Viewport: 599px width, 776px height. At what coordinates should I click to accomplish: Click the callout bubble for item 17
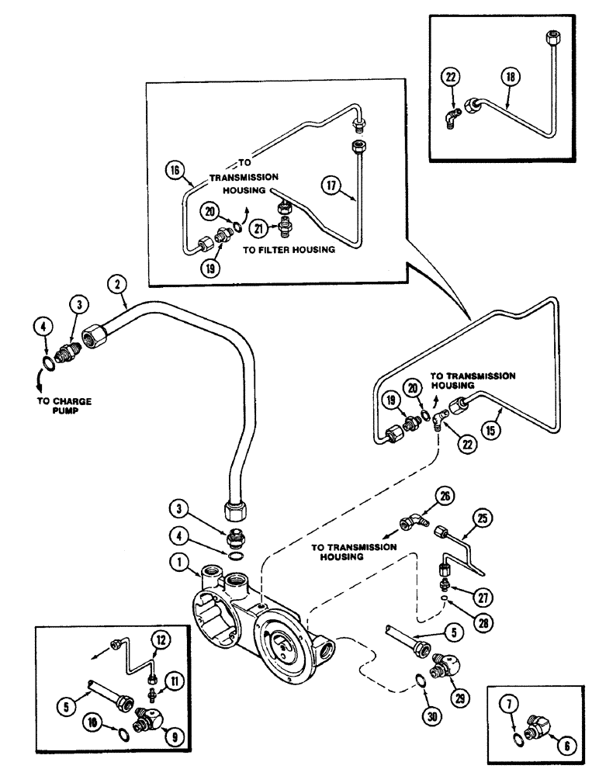coord(333,187)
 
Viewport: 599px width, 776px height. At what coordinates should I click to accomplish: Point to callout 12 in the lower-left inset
coord(161,640)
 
